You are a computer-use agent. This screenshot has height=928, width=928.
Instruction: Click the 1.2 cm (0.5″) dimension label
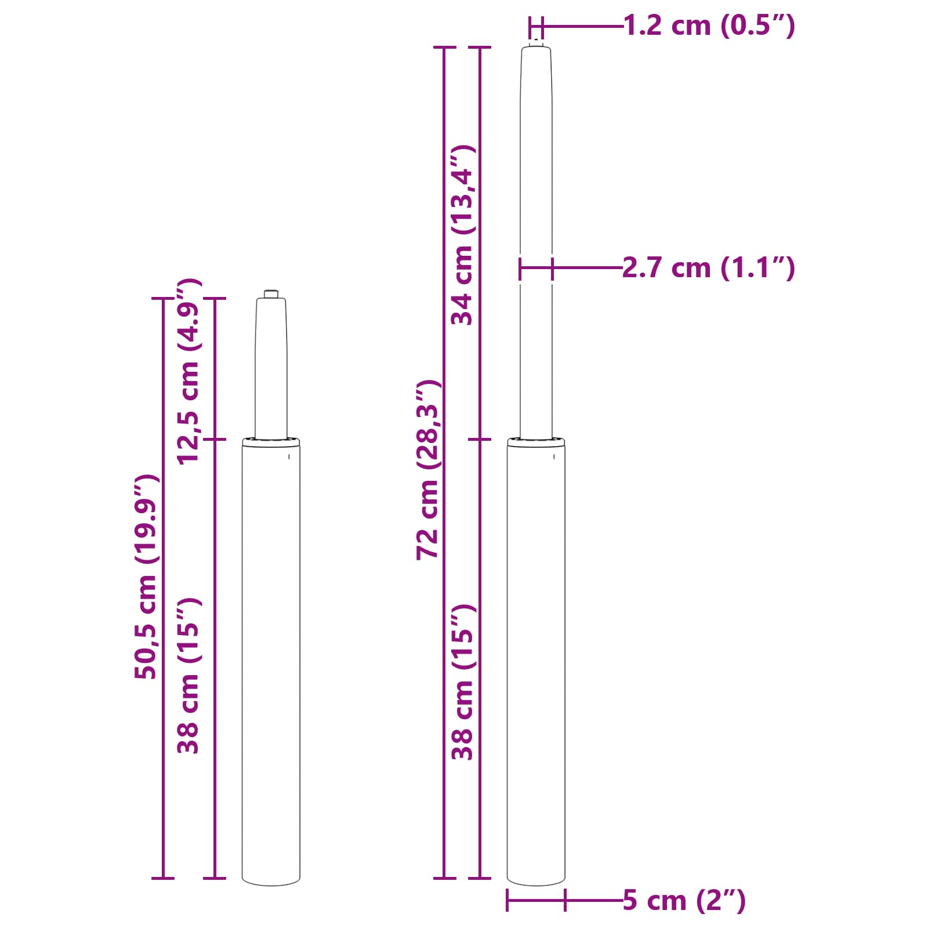[x=709, y=26]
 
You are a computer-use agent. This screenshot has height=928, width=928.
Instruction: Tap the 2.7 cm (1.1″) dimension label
[x=708, y=268]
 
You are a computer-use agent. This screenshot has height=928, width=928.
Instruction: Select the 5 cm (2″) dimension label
[x=684, y=900]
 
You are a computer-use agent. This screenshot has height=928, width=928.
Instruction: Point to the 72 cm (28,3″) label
[x=428, y=470]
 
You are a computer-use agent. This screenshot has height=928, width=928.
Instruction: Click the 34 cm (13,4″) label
[x=463, y=235]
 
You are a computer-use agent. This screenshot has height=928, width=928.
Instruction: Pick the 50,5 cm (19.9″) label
[x=146, y=577]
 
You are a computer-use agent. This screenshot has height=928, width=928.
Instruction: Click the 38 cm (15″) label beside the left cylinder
[x=189, y=676]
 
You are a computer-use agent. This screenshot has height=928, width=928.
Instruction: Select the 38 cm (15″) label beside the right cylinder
[x=463, y=682]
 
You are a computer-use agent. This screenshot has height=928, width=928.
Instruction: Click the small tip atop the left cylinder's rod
[x=271, y=293]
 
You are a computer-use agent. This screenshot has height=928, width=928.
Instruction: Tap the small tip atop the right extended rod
[x=536, y=42]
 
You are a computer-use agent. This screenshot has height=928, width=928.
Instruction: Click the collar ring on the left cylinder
[x=271, y=443]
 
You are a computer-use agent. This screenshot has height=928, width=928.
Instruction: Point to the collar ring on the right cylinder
[x=536, y=443]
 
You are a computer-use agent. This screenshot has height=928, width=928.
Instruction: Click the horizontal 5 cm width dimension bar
[x=536, y=900]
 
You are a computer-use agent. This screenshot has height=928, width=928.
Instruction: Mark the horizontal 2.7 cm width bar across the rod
[x=536, y=268]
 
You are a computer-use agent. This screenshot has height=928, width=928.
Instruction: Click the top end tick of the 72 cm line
[x=445, y=47]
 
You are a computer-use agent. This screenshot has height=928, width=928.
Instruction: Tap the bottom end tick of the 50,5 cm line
[x=163, y=878]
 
